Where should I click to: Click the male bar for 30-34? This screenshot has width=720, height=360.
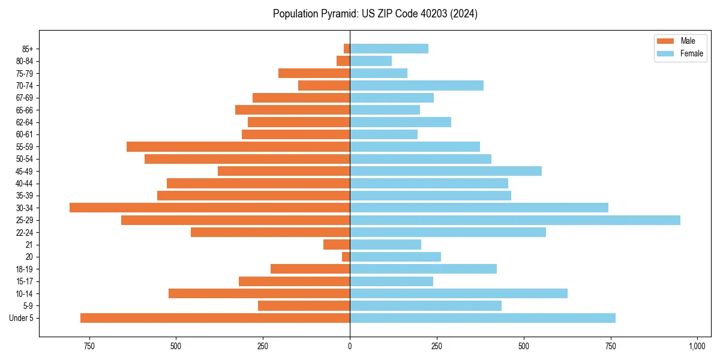210,208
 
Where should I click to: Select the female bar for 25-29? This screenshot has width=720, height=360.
515,220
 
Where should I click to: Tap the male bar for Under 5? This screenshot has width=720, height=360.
215,318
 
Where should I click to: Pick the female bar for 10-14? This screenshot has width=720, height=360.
458,293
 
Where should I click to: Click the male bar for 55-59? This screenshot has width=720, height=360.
238,146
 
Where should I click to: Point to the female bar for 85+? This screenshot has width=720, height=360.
389,49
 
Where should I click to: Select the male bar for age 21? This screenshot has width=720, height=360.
337,244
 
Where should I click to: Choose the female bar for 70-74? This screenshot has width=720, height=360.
416,85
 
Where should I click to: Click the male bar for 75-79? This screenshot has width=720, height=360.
314,73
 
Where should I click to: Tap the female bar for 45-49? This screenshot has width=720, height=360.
446,171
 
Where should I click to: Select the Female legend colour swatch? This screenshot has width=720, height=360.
665,53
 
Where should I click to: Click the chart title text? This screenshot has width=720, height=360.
375,14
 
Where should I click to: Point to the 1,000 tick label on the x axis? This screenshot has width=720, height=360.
697,347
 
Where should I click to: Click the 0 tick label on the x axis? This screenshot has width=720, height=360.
350,347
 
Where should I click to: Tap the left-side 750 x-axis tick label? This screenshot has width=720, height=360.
89,347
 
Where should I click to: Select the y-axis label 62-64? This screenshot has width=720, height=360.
25,122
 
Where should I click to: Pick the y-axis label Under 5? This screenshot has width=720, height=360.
22,318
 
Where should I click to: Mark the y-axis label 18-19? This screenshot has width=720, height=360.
25,269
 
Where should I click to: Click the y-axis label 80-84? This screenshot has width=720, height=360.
25,61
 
